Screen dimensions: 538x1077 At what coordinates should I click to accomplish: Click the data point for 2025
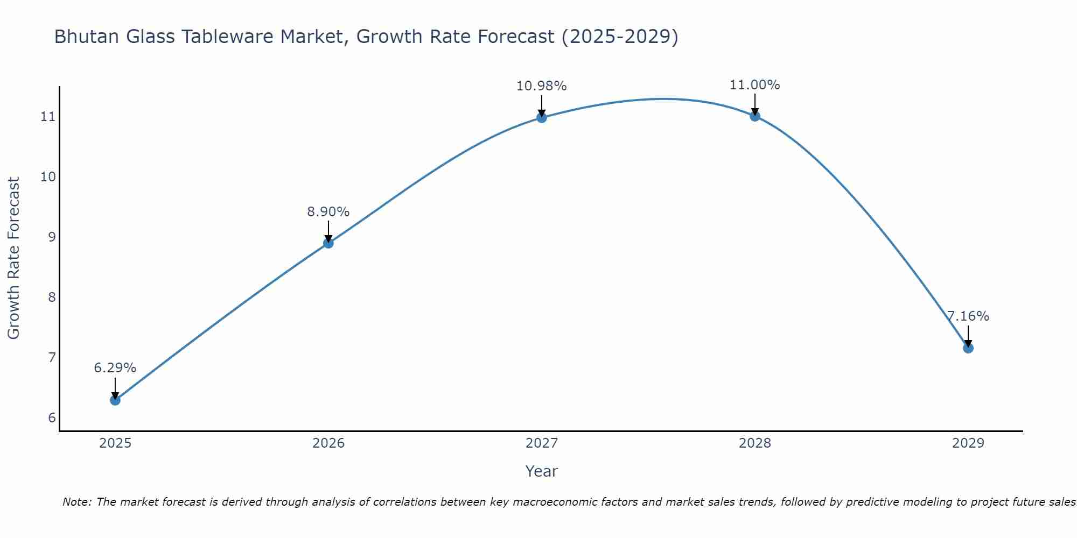pos(115,400)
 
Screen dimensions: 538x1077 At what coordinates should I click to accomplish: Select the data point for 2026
pos(328,243)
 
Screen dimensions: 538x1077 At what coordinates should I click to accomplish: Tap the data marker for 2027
pos(542,118)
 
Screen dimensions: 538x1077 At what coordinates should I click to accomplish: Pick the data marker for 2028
pos(755,116)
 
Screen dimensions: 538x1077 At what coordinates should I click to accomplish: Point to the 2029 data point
pos(968,348)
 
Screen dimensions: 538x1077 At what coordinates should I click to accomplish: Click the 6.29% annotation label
pos(115,368)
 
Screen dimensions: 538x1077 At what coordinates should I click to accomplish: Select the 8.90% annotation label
pos(328,212)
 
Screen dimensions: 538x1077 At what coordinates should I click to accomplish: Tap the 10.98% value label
pos(542,86)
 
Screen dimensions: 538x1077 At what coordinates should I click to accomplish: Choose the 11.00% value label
pos(755,85)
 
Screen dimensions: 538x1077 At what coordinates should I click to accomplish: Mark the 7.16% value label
pos(968,316)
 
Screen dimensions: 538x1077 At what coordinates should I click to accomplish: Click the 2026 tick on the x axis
pos(328,443)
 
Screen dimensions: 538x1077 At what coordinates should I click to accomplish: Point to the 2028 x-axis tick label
pos(755,443)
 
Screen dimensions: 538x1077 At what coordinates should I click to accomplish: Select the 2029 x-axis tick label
pos(968,443)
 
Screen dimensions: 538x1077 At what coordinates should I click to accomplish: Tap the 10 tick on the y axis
pos(48,177)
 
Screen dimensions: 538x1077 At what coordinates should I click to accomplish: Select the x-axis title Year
pos(542,471)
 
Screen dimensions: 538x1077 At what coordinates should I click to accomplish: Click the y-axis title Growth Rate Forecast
pos(14,258)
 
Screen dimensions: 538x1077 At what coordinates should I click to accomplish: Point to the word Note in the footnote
pos(77,502)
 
